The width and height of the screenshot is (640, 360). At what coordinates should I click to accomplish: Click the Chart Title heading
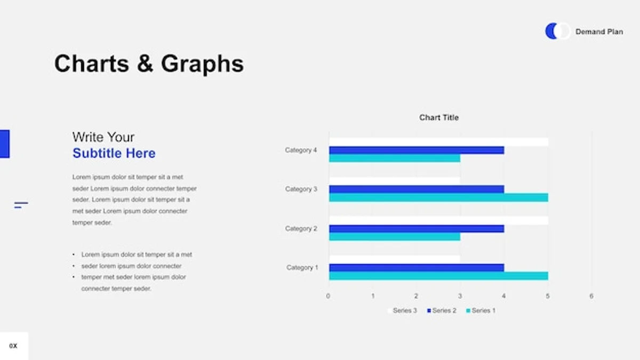[x=439, y=117]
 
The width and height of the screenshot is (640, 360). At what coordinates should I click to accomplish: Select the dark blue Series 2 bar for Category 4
[x=417, y=150]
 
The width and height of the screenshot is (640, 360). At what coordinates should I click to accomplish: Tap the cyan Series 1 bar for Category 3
[x=438, y=197]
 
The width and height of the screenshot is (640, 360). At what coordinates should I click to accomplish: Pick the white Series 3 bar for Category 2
[x=438, y=221]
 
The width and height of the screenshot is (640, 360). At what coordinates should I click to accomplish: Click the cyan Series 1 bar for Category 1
[x=438, y=276]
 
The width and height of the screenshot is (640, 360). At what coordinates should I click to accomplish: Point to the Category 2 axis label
[x=301, y=229]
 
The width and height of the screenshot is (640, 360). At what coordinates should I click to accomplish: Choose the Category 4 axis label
[x=301, y=150]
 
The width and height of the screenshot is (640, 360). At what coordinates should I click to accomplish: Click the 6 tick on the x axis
[x=591, y=296]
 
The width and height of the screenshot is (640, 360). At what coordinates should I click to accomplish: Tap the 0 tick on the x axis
[x=328, y=296]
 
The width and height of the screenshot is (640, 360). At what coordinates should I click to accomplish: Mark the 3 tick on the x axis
[x=460, y=296]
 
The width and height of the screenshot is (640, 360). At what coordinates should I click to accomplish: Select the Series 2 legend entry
[x=442, y=310]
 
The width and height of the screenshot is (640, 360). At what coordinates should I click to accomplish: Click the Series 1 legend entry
[x=481, y=310]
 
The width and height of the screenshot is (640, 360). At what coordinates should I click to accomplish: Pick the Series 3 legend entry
[x=402, y=310]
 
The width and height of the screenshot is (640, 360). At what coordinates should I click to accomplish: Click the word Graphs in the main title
[x=202, y=65]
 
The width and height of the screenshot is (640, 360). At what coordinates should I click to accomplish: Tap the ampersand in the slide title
[x=145, y=63]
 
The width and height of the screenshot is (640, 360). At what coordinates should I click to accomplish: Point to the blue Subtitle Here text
[x=114, y=153]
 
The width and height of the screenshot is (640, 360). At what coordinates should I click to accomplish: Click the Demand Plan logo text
[x=599, y=31]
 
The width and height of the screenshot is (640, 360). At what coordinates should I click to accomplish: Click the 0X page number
[x=13, y=346]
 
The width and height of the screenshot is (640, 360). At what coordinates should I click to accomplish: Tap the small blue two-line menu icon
[x=21, y=205]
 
